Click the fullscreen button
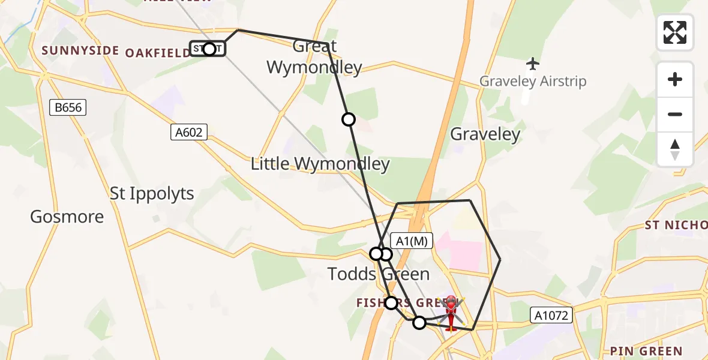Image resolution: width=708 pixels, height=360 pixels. point(675,32)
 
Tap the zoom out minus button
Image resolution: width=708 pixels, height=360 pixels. point(675,114)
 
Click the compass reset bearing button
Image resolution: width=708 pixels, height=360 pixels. point(675,149)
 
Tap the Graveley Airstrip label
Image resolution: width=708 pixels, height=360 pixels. point(533,81)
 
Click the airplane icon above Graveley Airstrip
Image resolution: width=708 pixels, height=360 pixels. point(532,63)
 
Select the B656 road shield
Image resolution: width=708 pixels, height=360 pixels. point(68,108)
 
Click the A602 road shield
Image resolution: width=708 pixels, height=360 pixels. point(189,132)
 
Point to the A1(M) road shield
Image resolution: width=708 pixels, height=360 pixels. point(412,241)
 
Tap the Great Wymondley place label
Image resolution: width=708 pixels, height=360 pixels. point(314,56)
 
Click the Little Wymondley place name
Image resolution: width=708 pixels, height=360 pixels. point(320,164)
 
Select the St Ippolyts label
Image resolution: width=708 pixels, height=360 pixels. point(152,194)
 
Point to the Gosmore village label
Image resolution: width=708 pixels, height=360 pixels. point(67,217)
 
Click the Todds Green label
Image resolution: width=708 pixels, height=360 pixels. point(379,274)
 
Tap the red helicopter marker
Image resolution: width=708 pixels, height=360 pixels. point(451,311)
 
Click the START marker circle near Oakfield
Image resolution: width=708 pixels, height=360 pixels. point(209,49)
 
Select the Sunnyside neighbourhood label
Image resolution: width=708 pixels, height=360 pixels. point(80,50)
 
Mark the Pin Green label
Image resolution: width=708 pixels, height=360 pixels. point(646,351)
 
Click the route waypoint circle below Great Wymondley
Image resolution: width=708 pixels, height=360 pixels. point(349,119)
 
